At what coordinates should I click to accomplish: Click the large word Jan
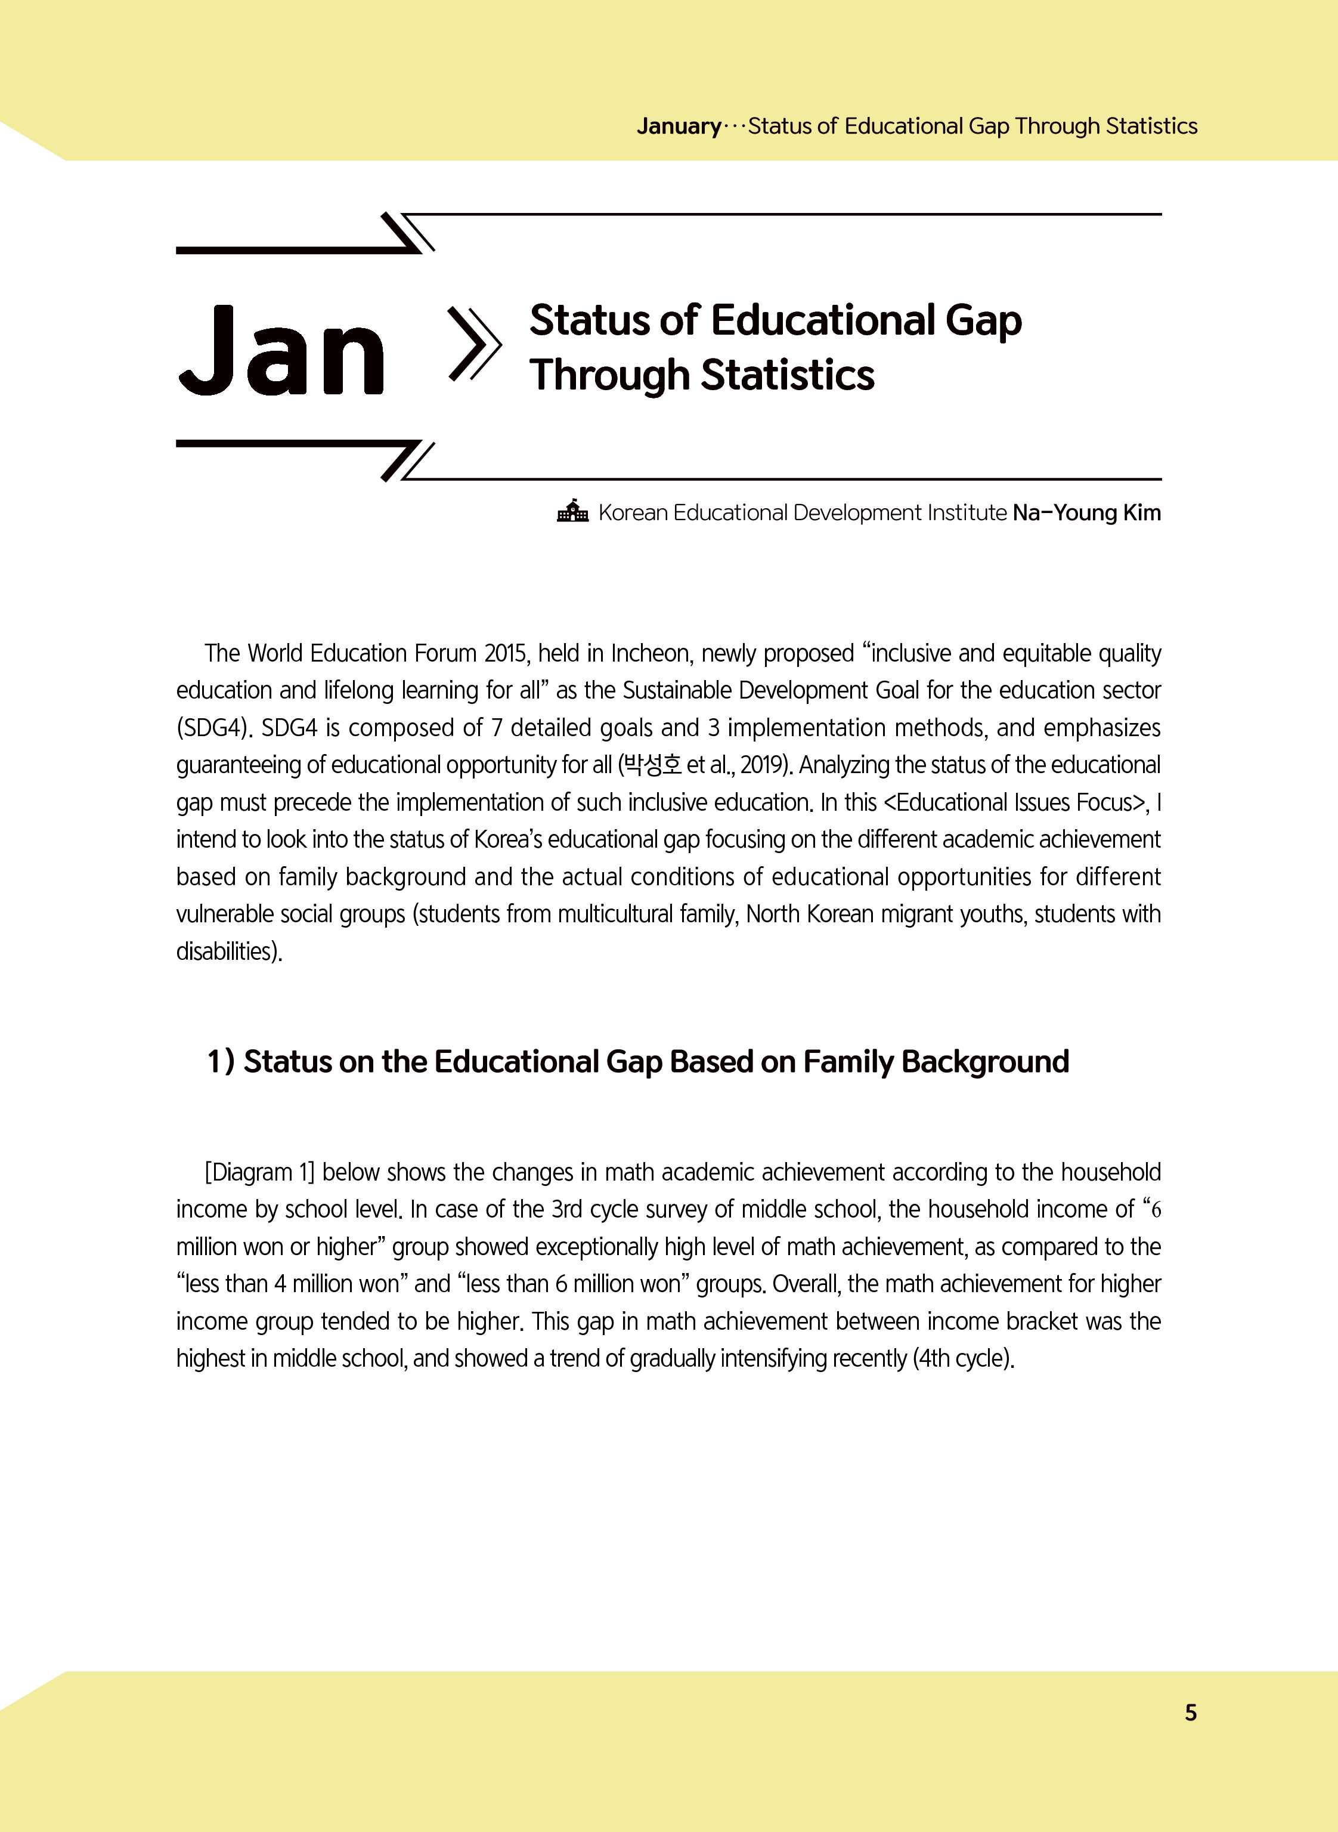pyautogui.click(x=280, y=351)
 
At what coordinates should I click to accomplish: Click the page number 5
pyautogui.click(x=1190, y=1712)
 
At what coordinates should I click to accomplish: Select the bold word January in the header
pyautogui.click(x=678, y=126)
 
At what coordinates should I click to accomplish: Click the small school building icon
pyautogui.click(x=572, y=511)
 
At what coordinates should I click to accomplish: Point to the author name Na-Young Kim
pyautogui.click(x=1086, y=513)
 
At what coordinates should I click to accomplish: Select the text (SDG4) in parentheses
pyautogui.click(x=212, y=728)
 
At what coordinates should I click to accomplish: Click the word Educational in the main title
pyautogui.click(x=823, y=320)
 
